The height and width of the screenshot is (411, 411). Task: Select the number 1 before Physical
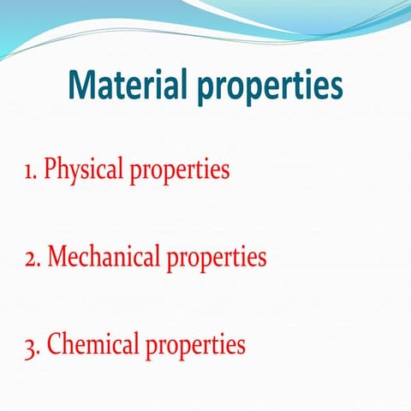coord(27,170)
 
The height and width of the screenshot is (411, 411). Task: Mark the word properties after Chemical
coord(196,347)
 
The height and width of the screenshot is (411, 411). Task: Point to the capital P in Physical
coord(51,169)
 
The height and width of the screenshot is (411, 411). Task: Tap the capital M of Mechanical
coord(57,256)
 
